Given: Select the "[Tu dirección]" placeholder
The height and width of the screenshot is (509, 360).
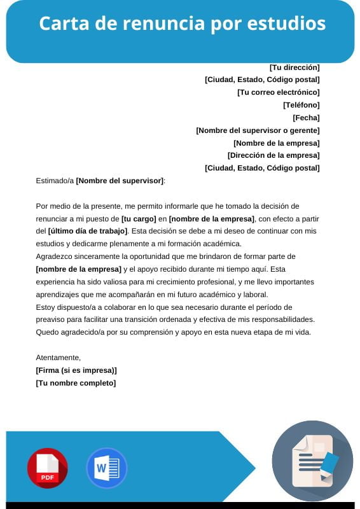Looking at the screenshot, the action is click(x=294, y=67).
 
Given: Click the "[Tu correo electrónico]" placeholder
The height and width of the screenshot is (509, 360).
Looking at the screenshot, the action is click(x=278, y=92).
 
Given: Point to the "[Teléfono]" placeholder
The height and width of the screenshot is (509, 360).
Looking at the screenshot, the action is click(x=301, y=105).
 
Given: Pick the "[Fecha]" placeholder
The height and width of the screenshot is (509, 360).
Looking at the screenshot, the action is click(x=306, y=118).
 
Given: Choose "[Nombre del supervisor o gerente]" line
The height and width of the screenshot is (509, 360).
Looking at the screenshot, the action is click(x=258, y=130).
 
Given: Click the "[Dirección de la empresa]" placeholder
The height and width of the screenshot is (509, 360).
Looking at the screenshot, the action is click(x=273, y=155).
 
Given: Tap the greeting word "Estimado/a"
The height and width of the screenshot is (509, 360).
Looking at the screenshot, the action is click(x=55, y=181).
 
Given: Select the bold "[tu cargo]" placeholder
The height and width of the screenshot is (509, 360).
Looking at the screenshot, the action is click(x=139, y=218).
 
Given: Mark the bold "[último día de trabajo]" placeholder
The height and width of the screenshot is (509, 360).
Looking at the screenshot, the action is click(x=88, y=231).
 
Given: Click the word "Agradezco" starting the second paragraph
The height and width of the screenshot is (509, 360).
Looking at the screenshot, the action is click(x=55, y=256).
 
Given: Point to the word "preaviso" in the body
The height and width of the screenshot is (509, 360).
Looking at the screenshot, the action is click(x=52, y=319).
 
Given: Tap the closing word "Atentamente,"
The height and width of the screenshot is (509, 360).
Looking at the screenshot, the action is click(x=59, y=358).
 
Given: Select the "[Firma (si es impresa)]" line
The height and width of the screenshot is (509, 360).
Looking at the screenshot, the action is click(x=76, y=370).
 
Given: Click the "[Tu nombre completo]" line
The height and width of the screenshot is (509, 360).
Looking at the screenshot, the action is click(x=76, y=383).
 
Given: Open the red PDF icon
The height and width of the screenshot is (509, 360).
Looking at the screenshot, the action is click(x=47, y=468).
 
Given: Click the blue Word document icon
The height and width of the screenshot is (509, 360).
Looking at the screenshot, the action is click(x=106, y=468).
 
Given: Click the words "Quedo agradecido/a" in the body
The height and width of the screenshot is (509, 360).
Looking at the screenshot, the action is click(x=68, y=332).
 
